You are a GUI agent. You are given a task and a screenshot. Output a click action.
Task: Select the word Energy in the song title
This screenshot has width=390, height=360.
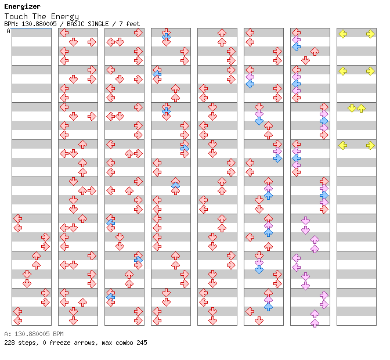pos(66,16)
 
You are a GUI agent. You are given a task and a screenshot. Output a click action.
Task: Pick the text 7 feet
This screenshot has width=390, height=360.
pos(129,24)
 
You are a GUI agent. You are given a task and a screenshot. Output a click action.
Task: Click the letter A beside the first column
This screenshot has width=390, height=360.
pos(9,31)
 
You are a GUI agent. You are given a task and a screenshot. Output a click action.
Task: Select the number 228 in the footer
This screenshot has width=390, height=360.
pos(9,343)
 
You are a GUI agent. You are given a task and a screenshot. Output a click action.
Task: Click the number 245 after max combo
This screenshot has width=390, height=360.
pos(142,343)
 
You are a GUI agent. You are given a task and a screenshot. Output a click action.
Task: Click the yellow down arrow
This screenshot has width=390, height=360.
pos(352,109)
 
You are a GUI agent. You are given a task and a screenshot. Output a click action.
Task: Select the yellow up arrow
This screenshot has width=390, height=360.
pos(361,109)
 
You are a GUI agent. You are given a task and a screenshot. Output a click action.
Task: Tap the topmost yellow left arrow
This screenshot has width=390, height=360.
pos(342,34)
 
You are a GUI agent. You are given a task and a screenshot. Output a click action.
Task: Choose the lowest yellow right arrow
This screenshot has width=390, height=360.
pos(370,146)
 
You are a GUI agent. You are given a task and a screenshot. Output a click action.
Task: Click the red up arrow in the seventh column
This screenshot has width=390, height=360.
pos(315,52)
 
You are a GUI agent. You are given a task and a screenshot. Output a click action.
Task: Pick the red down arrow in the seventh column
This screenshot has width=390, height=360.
pos(305,60)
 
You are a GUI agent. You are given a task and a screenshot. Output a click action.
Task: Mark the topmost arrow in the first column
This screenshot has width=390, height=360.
pos(17,218)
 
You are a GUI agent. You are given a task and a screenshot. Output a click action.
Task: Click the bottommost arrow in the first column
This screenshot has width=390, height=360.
pos(17,320)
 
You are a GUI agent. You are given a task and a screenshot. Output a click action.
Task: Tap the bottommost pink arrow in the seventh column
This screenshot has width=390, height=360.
pos(315,322)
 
